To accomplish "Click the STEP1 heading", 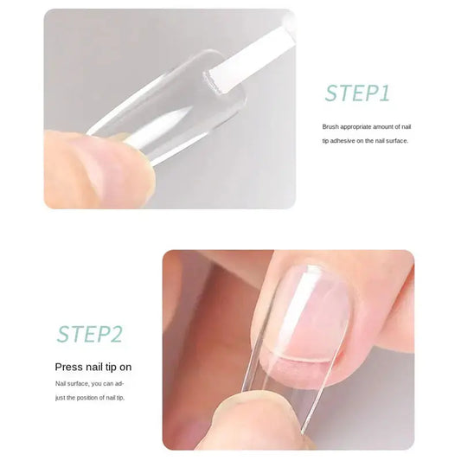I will pyautogui.click(x=357, y=93).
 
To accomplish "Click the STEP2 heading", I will pyautogui.click(x=90, y=334).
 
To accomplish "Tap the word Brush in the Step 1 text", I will pyautogui.click(x=330, y=126).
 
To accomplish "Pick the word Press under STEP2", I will pyautogui.click(x=69, y=368).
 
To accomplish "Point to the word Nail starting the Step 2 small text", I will pyautogui.click(x=61, y=382).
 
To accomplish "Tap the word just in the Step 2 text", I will pyautogui.click(x=61, y=397).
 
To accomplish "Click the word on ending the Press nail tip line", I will pyautogui.click(x=125, y=368).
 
